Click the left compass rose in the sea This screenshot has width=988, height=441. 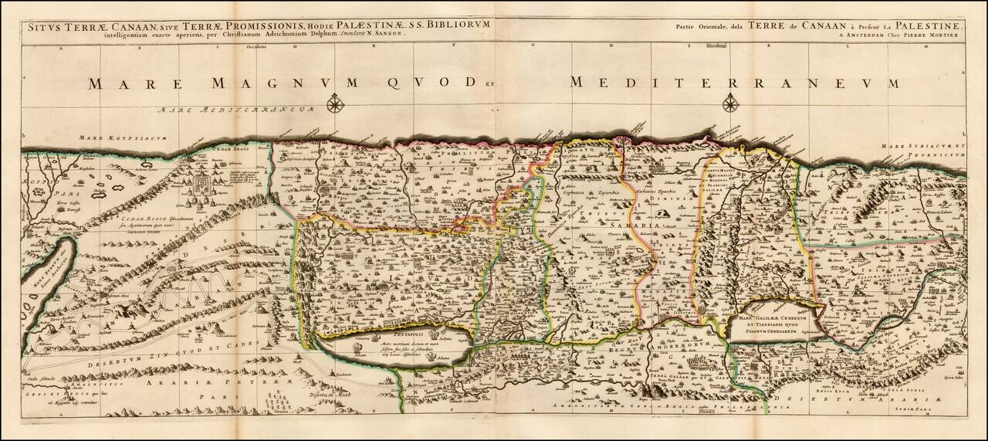tap(335, 103)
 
